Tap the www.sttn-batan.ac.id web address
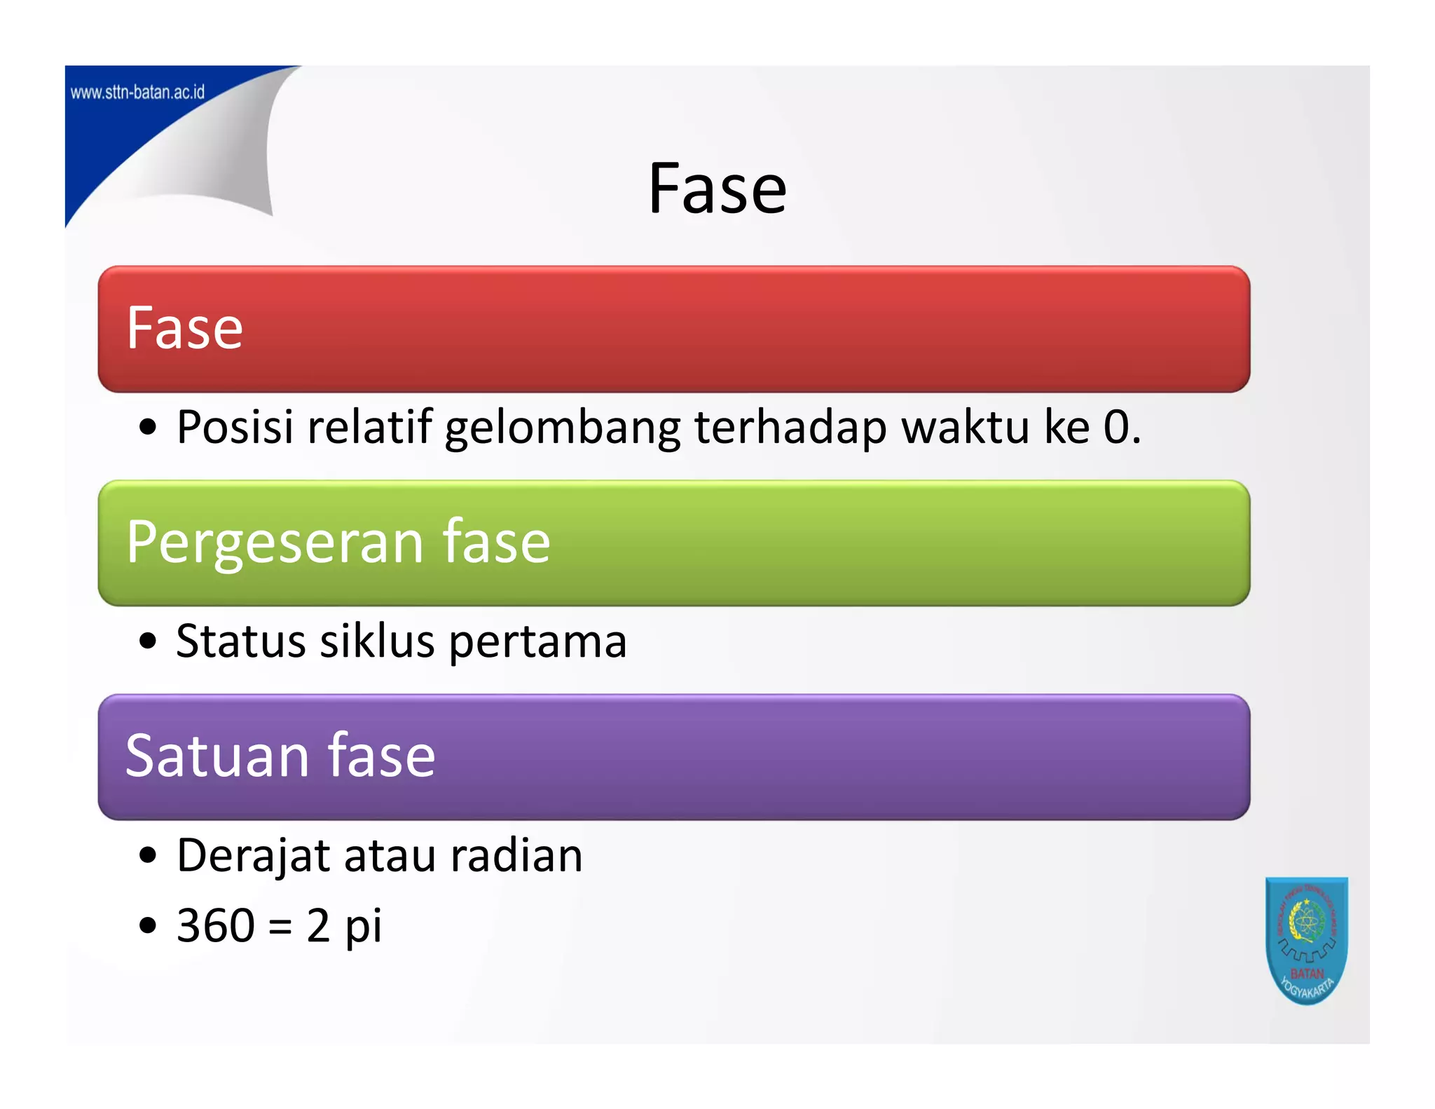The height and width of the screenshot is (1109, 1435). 138,93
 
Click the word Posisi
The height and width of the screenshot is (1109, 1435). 235,426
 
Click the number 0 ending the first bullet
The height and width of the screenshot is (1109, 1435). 1117,428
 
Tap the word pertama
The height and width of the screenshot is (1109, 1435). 537,644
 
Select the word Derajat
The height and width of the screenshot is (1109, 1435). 253,857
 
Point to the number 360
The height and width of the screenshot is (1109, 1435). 216,925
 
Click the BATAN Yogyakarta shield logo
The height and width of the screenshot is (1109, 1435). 1306,940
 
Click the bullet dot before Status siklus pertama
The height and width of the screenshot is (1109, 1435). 147,641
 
